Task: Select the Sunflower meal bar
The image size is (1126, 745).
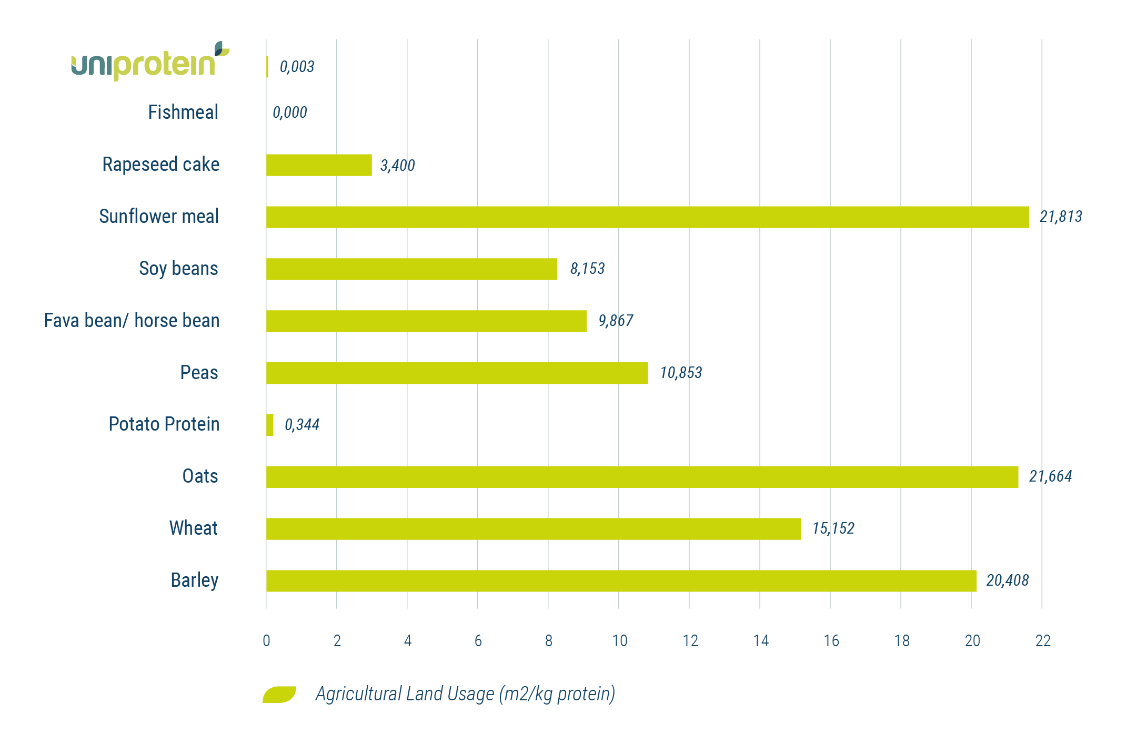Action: click(647, 217)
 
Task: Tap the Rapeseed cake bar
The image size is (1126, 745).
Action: click(319, 165)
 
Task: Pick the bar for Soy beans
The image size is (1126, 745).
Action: click(411, 269)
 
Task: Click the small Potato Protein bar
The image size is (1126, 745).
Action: click(270, 425)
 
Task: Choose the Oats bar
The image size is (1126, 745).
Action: click(642, 477)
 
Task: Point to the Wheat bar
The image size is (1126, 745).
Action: click(533, 529)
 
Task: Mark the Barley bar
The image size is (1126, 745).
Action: click(621, 581)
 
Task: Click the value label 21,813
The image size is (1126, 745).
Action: click(1061, 217)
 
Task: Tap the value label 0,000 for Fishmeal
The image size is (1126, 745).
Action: click(290, 113)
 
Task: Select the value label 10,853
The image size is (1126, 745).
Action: click(681, 373)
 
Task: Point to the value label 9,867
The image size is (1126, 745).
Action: click(616, 321)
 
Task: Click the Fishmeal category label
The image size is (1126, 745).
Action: click(183, 113)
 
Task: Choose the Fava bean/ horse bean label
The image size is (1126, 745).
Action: click(132, 321)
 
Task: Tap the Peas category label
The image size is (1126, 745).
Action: click(199, 373)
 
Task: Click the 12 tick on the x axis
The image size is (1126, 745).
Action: click(690, 641)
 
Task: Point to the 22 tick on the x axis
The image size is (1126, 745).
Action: click(1042, 641)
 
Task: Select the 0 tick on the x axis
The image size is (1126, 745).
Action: click(266, 641)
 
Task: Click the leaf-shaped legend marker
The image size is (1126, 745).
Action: click(279, 695)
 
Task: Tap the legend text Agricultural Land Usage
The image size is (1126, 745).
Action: click(465, 694)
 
